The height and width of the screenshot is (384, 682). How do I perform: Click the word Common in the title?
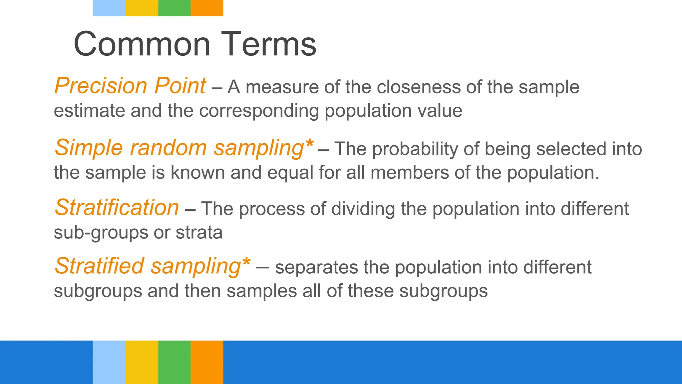[x=142, y=44]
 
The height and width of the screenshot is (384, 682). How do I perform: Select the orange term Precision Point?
[x=130, y=86]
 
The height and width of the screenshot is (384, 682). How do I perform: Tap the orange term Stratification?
[x=117, y=208]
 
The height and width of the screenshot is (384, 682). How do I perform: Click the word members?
[x=409, y=173]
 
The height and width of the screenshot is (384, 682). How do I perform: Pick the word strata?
[x=199, y=232]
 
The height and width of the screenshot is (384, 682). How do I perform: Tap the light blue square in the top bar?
[x=109, y=8]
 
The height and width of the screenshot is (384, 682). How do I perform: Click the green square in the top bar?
[x=174, y=8]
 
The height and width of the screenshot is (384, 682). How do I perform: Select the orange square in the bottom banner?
[x=207, y=362]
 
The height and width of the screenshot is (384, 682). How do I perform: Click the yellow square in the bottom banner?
[x=142, y=362]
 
